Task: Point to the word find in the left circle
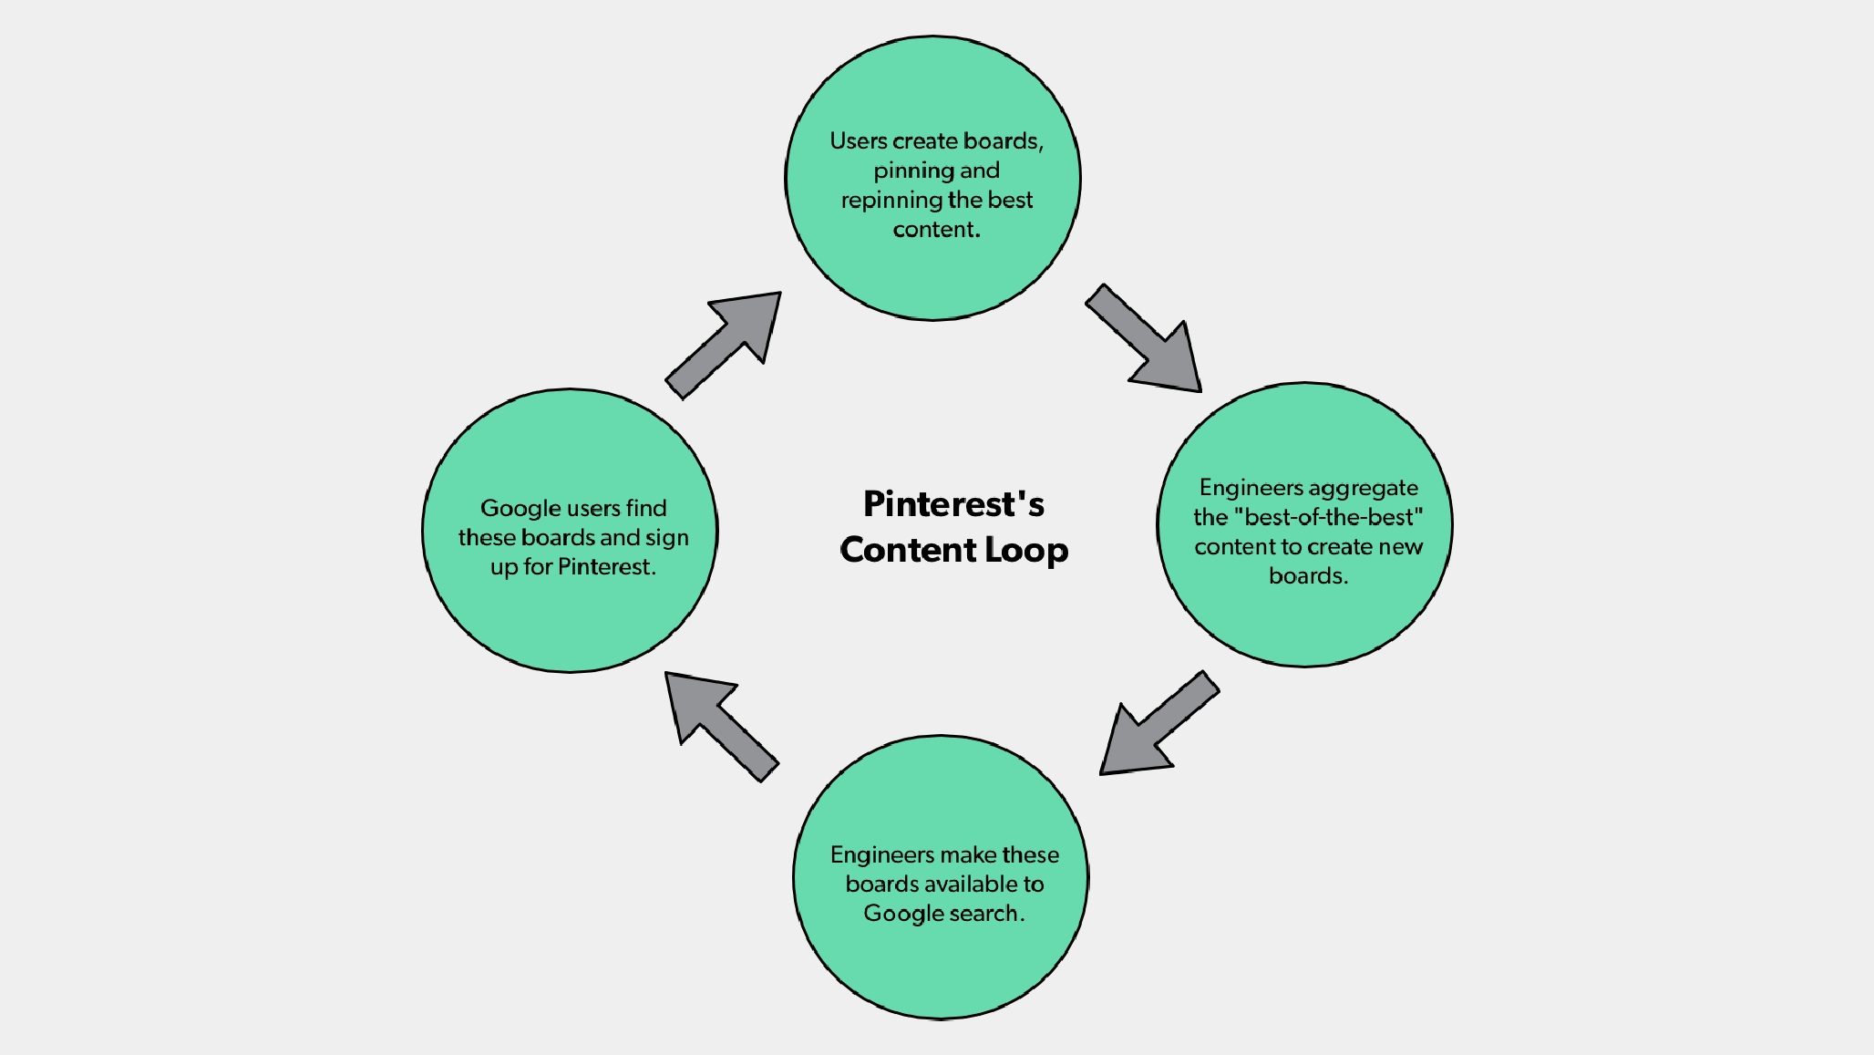point(646,508)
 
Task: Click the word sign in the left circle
point(667,539)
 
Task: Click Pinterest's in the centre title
point(953,503)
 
